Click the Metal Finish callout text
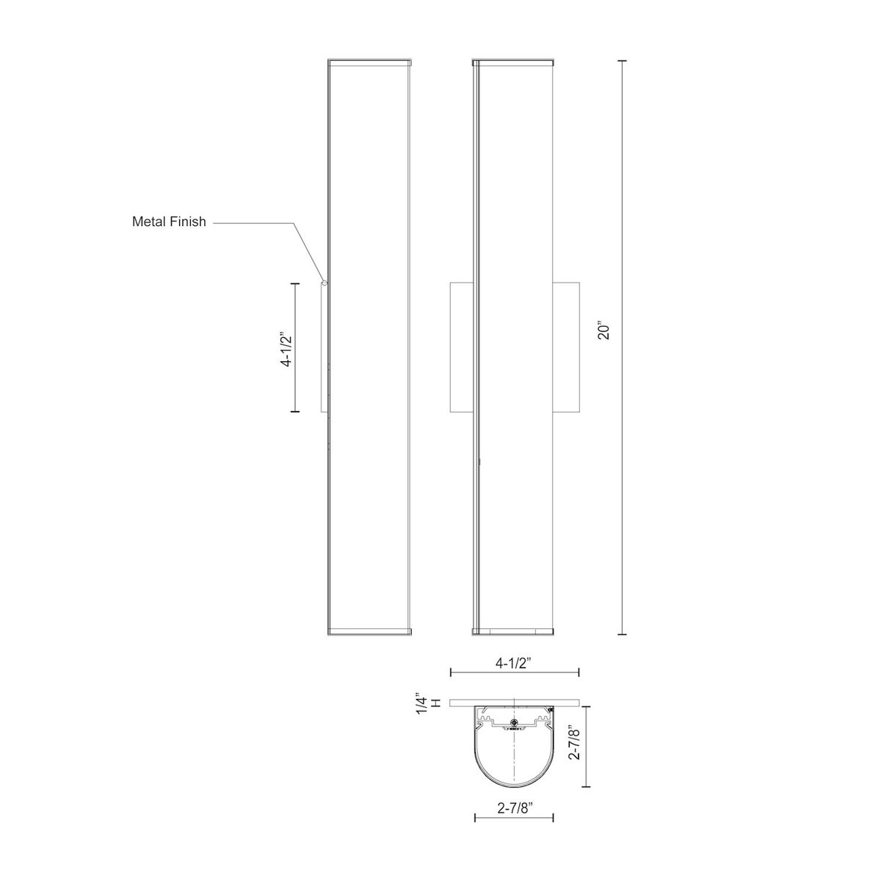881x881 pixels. coord(169,221)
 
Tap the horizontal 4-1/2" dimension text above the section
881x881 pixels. coord(514,663)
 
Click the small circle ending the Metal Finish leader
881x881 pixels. coord(324,281)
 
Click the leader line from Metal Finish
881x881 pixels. coord(257,222)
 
